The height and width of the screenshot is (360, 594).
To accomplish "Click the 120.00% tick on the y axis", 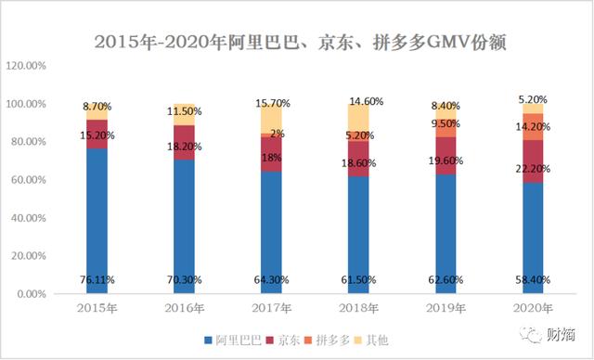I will click(x=27, y=66).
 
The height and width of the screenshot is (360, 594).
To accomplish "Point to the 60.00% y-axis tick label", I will click(x=29, y=180).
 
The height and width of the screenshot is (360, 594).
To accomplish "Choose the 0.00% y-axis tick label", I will click(x=32, y=294).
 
